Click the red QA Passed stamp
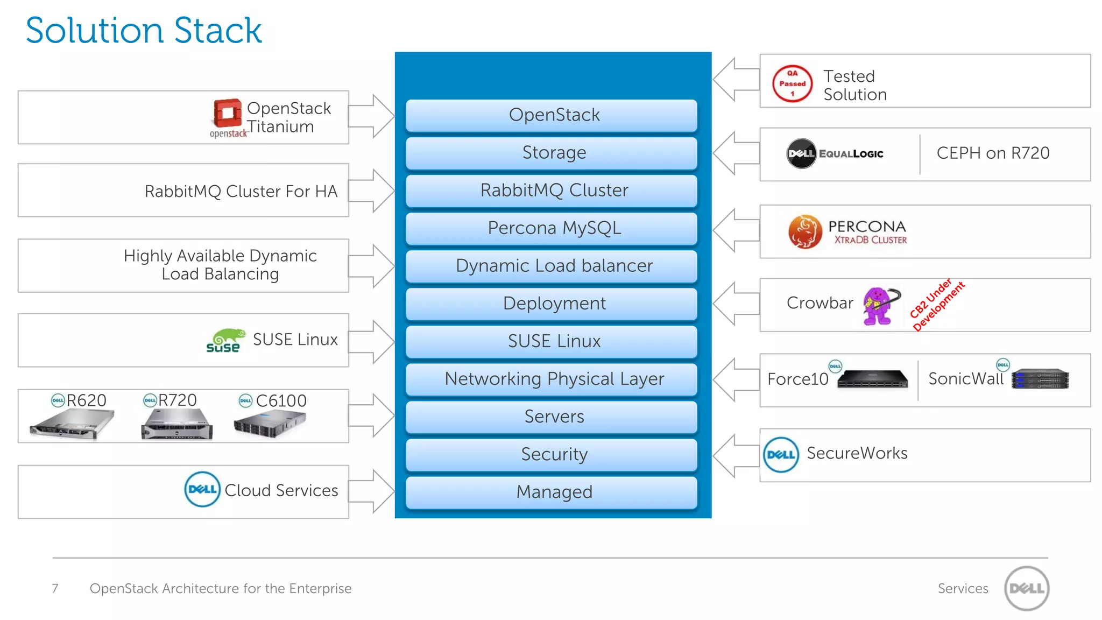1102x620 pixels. [792, 83]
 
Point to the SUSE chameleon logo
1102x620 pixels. [225, 341]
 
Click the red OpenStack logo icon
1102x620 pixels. [227, 113]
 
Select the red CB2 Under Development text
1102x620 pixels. [937, 305]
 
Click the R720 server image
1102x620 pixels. [176, 425]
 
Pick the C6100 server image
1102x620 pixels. [270, 424]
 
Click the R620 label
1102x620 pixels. [86, 400]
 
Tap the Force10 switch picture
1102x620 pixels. [872, 379]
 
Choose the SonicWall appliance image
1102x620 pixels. [1040, 379]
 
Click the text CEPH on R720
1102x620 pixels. [993, 153]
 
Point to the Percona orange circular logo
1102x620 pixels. [805, 231]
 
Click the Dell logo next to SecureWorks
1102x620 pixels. [780, 455]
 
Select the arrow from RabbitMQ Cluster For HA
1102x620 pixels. [372, 191]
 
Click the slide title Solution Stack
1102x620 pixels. [144, 30]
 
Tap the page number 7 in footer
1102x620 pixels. [55, 588]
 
